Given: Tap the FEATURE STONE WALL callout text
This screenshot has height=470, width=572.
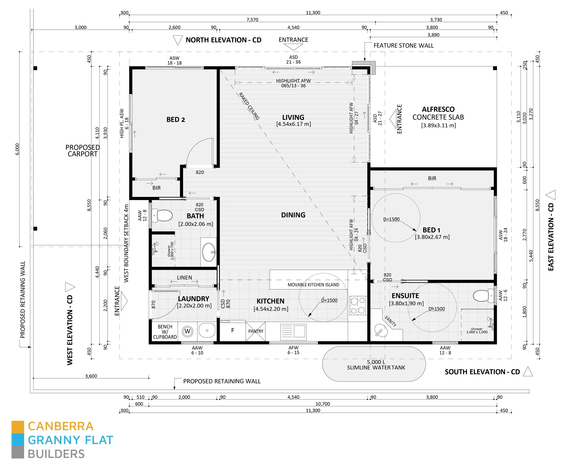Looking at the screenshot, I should click(x=403, y=46).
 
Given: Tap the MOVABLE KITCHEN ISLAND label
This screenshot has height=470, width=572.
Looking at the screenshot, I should click(x=313, y=285).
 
